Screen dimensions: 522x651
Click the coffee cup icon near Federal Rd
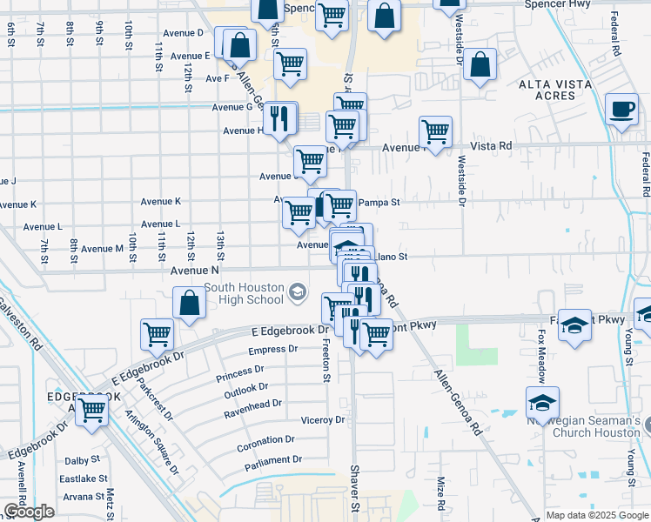[621, 110]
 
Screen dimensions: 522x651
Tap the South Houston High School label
[243, 294]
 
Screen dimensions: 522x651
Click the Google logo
[29, 512]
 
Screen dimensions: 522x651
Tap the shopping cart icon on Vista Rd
[435, 132]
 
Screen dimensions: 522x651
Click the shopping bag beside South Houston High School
[190, 304]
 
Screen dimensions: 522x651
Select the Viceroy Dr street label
[323, 420]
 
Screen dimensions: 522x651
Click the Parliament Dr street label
[273, 459]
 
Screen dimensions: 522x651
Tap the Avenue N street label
[194, 271]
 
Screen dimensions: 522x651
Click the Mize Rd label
[441, 496]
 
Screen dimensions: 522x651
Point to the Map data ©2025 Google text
[595, 515]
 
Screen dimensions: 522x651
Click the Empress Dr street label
[267, 350]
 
